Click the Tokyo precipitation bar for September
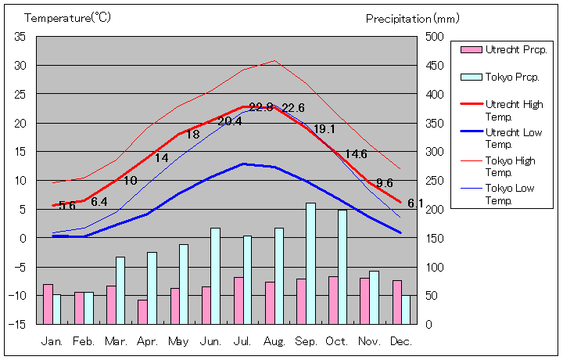pyautogui.click(x=311, y=263)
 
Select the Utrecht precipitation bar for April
pyautogui.click(x=142, y=311)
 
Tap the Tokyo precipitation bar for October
pyautogui.click(x=342, y=266)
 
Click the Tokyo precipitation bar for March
pyautogui.click(x=120, y=290)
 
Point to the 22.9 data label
pyautogui.click(x=260, y=107)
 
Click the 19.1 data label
pyautogui.click(x=324, y=129)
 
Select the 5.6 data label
pyautogui.click(x=66, y=206)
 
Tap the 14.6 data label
pyautogui.click(x=356, y=154)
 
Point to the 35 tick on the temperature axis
pyautogui.click(x=20, y=37)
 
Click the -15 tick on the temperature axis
pyautogui.click(x=19, y=324)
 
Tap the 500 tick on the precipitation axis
pyautogui.click(x=435, y=37)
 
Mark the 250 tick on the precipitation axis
pyautogui.click(x=435, y=181)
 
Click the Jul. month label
pyautogui.click(x=243, y=341)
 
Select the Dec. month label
pyautogui.click(x=401, y=341)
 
